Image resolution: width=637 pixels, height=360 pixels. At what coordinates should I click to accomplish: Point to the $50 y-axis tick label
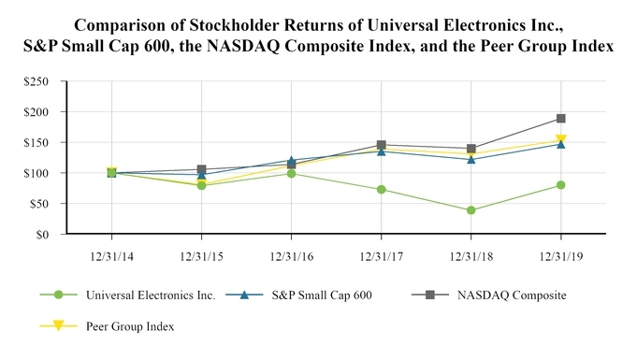[40, 204]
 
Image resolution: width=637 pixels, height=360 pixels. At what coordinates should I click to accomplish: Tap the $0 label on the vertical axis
[45, 235]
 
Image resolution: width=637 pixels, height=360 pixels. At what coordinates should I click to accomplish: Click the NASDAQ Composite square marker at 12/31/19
[560, 119]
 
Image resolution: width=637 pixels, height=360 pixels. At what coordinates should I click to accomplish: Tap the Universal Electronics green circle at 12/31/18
[471, 210]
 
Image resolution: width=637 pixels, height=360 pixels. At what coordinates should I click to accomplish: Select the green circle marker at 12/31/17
[382, 190]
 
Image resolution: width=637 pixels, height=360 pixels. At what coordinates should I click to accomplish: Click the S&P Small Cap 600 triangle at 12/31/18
[471, 159]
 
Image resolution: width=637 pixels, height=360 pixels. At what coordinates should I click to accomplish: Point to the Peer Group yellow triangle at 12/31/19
[560, 141]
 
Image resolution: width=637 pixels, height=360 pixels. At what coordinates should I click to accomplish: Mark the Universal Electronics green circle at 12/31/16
[292, 174]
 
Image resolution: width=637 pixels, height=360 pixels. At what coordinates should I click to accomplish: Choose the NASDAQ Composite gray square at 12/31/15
[202, 170]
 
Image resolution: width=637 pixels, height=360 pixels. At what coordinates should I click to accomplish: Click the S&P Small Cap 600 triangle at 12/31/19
[560, 144]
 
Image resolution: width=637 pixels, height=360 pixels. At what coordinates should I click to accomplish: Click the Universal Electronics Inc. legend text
[151, 295]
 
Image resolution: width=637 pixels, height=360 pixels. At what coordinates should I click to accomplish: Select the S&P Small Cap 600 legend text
[320, 295]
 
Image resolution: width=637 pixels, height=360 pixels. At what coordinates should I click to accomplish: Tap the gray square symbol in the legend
[430, 295]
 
